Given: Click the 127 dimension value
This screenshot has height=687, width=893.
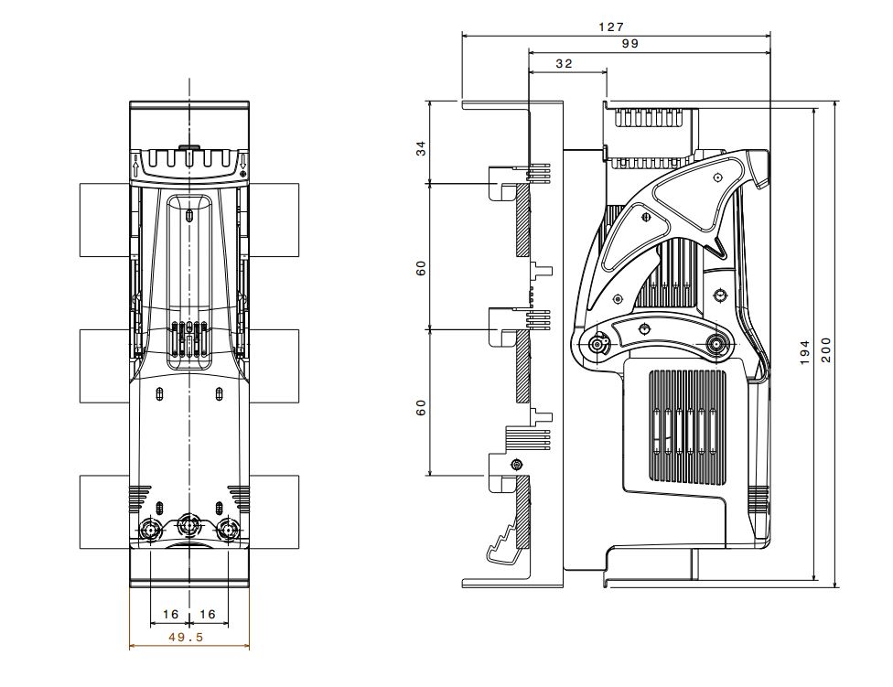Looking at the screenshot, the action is [x=611, y=27].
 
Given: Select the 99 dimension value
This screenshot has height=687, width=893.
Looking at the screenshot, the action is [x=629, y=44].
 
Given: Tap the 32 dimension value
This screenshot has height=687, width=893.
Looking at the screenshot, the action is [x=564, y=64].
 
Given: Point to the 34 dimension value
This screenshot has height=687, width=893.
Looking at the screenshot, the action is [x=421, y=148].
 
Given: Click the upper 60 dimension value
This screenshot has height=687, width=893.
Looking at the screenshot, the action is [x=421, y=267].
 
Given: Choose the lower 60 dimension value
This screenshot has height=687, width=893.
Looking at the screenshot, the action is [x=421, y=407].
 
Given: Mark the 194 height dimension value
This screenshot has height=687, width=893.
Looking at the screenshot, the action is [x=805, y=353].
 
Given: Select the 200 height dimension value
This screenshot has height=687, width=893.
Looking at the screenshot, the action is [x=826, y=350].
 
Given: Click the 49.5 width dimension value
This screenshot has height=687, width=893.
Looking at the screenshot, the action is [x=186, y=638].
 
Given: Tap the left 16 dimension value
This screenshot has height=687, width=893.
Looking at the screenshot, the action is [x=171, y=614].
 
